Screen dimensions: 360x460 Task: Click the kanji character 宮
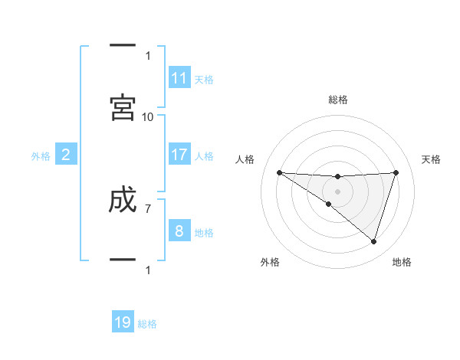pos(123,108)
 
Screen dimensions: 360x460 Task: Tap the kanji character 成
pos(123,201)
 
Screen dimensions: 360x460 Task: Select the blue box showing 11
pos(179,78)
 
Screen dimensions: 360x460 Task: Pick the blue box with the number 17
pos(179,155)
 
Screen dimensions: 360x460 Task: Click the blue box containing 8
pos(179,231)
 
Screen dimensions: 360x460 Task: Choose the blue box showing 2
pos(66,155)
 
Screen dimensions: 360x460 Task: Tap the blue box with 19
pos(123,322)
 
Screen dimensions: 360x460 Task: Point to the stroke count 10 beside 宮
pos(147,116)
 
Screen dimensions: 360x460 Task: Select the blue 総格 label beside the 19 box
pos(147,324)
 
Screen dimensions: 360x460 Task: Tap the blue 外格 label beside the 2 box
pos(41,156)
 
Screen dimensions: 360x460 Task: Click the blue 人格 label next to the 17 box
pos(204,156)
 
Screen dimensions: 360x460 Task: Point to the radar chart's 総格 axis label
pos(338,100)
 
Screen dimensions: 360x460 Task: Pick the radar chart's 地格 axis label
pos(402,262)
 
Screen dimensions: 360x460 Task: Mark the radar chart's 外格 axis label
pos(270,262)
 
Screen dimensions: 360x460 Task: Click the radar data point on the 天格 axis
pos(396,172)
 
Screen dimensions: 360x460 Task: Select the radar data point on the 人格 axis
pos(279,172)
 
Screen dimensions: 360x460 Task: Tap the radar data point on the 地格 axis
pos(373,241)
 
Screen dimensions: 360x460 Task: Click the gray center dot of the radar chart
pos(337,191)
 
